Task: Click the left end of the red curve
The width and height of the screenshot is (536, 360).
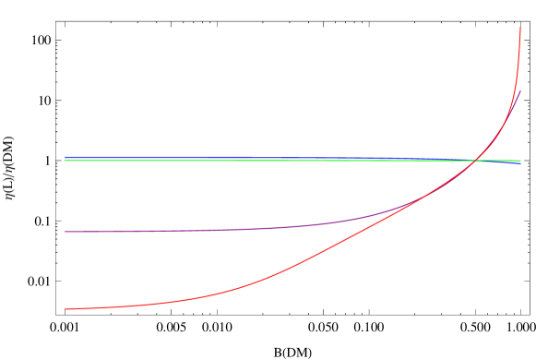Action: click(x=66, y=308)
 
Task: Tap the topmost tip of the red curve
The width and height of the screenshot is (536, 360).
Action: click(x=520, y=28)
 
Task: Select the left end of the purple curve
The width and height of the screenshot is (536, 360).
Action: click(x=66, y=232)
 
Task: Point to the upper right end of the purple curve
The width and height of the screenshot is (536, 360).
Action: click(x=520, y=90)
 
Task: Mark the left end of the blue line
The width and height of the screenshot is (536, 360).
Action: click(x=66, y=157)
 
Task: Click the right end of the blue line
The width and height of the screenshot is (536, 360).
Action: click(x=520, y=163)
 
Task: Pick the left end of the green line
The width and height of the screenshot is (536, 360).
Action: click(x=66, y=161)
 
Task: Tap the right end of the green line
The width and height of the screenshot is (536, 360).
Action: click(x=520, y=161)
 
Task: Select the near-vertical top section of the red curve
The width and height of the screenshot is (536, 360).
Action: click(x=518, y=55)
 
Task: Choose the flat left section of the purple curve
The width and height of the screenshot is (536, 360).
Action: click(x=138, y=231)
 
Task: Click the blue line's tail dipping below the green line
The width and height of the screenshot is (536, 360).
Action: click(x=512, y=163)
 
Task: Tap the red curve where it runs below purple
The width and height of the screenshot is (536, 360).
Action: click(x=277, y=273)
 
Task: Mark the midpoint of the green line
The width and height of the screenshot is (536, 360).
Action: click(x=292, y=161)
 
